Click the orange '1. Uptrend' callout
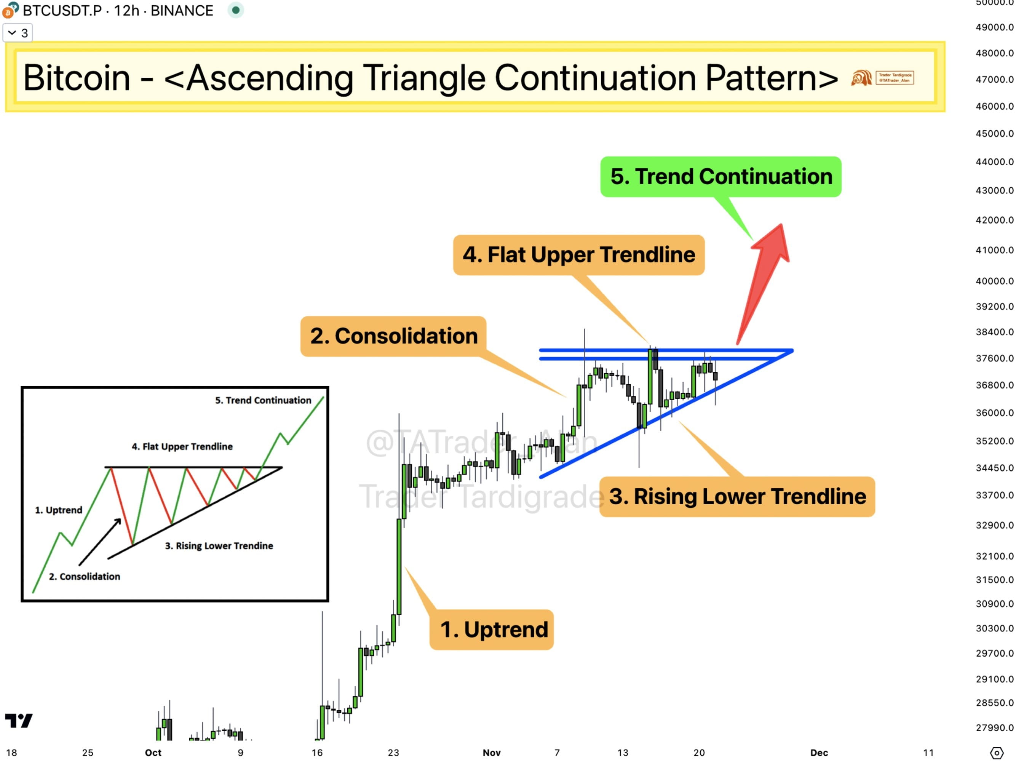point(492,630)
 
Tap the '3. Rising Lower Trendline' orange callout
point(737,496)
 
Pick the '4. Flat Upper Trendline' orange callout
point(578,255)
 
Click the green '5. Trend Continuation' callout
point(720,177)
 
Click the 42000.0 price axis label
point(994,220)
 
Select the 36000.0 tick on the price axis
point(994,413)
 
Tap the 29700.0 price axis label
point(994,653)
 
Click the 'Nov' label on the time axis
point(492,753)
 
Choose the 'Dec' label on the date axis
point(819,753)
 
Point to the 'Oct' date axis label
point(153,753)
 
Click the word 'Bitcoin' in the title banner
point(77,78)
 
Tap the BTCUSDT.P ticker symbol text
point(62,11)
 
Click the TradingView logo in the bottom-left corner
point(19,721)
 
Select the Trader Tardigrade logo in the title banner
point(882,78)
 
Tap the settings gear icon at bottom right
point(996,753)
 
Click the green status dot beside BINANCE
point(236,10)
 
